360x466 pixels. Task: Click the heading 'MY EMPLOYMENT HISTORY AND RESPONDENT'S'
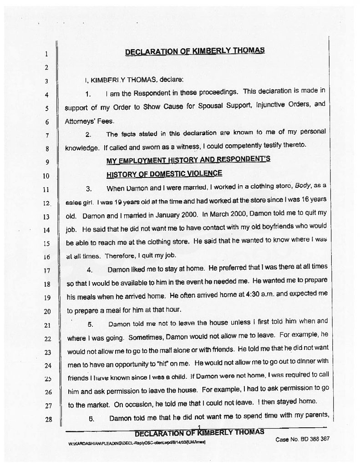pos(188,160)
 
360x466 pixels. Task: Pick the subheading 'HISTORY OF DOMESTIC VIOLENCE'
pos(164,173)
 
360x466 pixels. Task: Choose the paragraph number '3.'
pos(90,188)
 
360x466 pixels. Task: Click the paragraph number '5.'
pos(90,325)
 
